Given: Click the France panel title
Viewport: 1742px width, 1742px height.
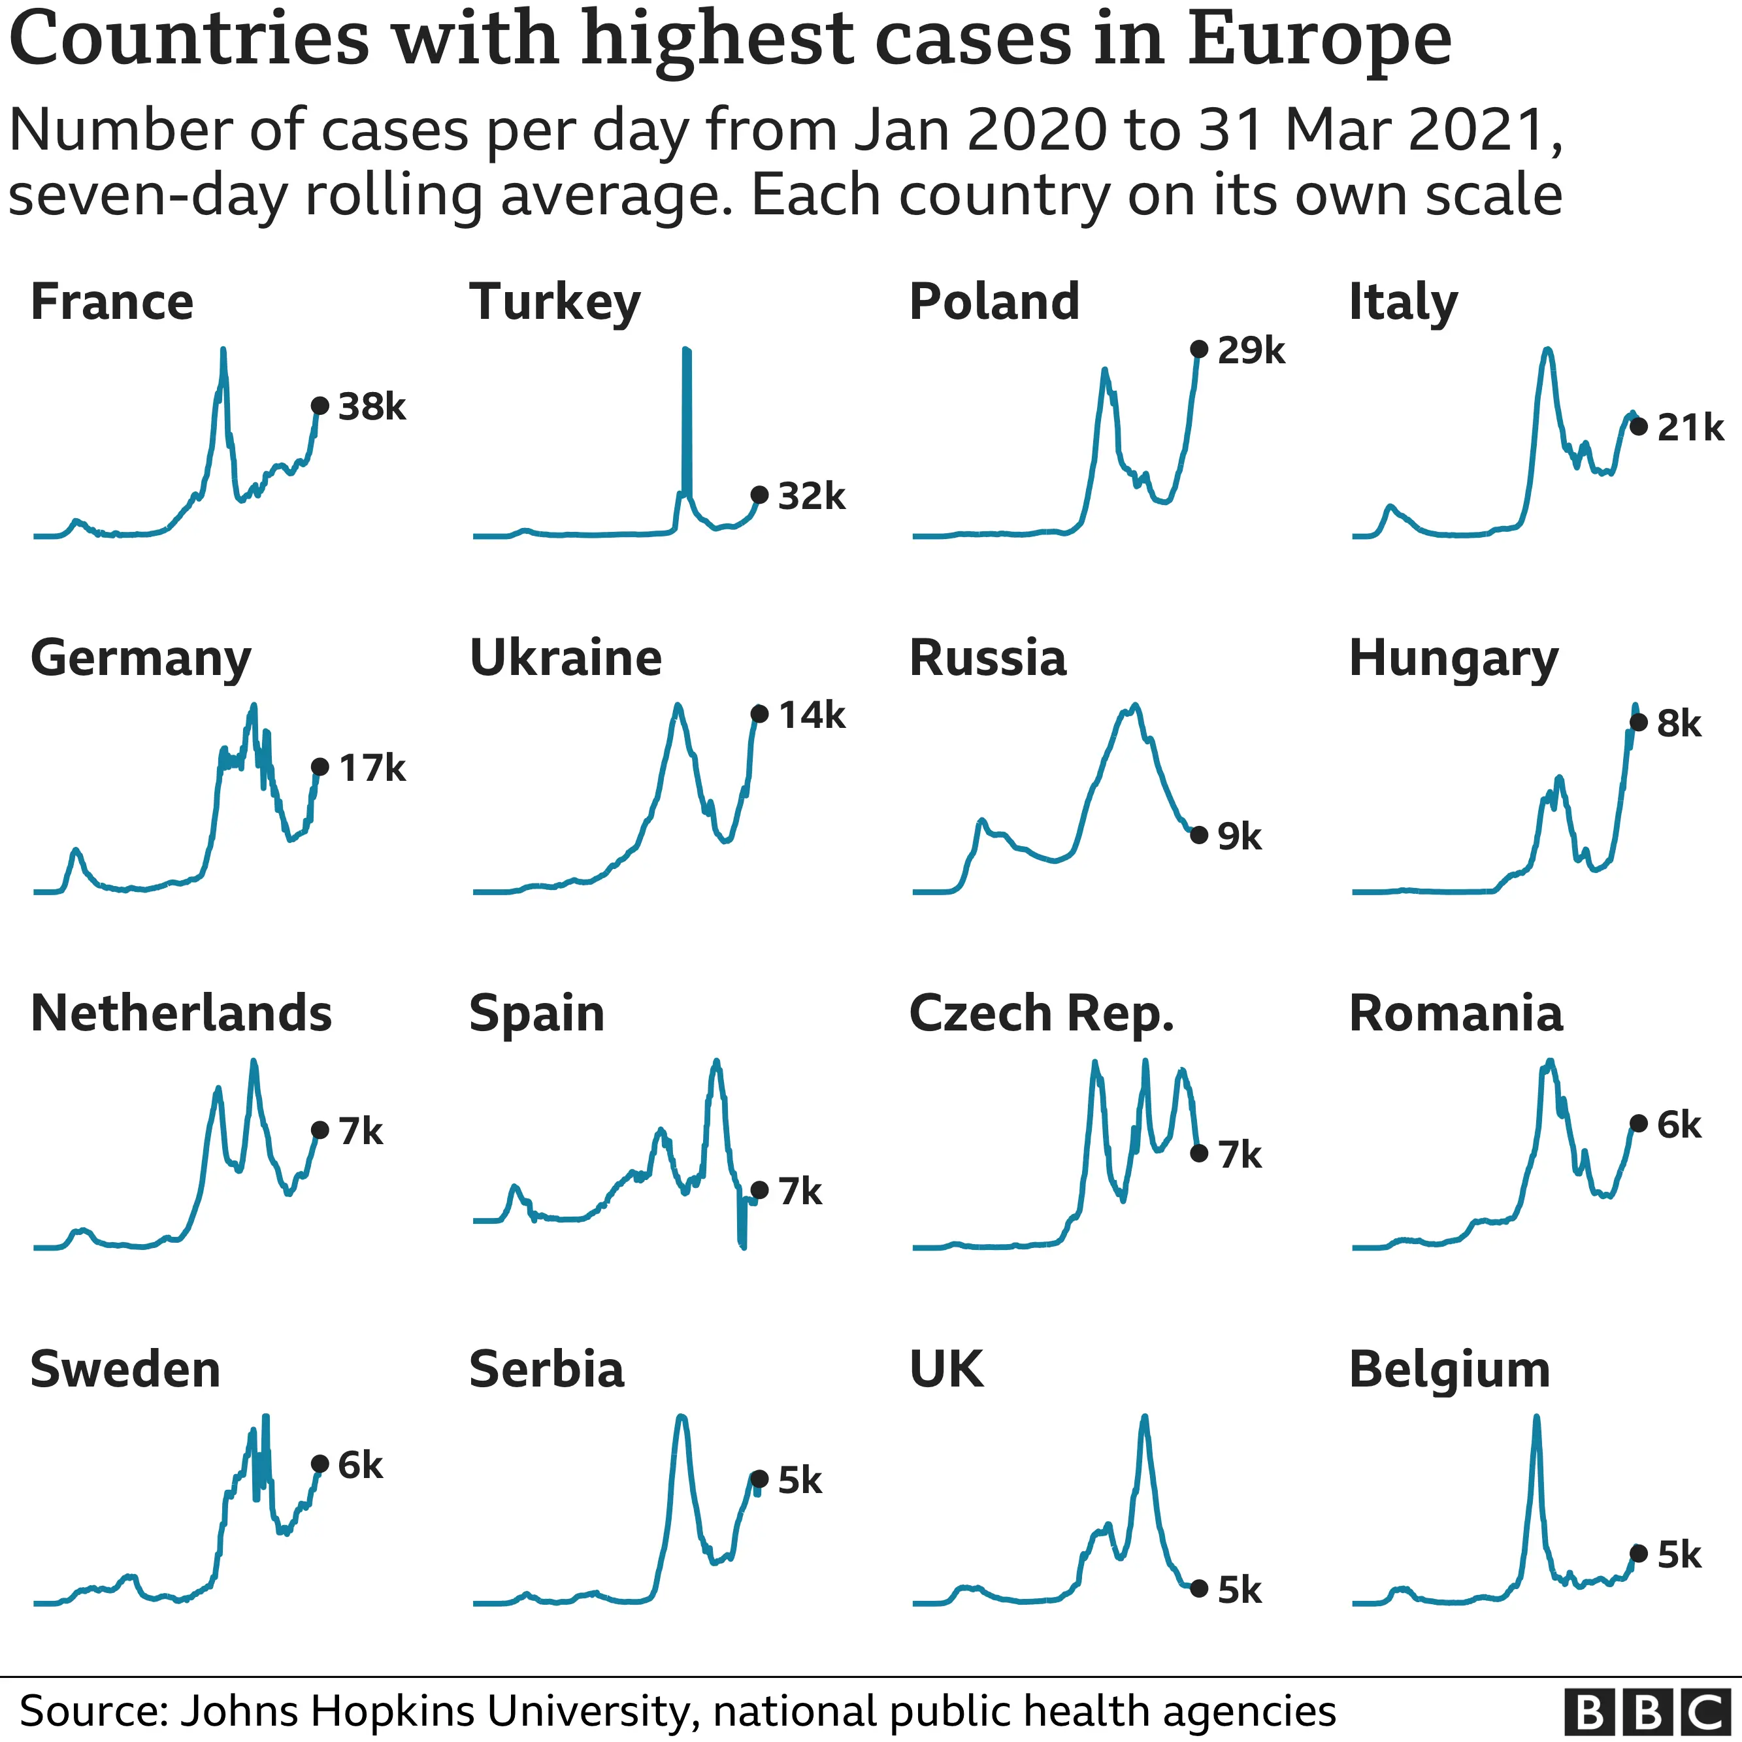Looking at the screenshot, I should point(112,301).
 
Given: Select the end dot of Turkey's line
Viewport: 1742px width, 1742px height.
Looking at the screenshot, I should point(759,494).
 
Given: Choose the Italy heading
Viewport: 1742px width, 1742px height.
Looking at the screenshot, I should point(1402,301).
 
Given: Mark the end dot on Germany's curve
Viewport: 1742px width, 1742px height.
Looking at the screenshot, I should point(319,766).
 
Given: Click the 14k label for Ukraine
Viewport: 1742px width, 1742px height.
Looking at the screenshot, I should point(812,715).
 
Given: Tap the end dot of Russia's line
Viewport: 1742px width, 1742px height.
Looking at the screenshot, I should point(1198,835).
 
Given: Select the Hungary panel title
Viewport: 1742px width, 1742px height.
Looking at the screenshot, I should point(1453,658).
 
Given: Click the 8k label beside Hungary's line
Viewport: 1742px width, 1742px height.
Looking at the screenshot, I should point(1678,723).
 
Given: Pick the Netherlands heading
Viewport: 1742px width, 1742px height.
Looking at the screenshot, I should point(181,1013).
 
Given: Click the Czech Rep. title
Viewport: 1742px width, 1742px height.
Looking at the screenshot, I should point(1042,1013).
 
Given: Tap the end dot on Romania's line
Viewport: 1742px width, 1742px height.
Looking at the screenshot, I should point(1638,1123).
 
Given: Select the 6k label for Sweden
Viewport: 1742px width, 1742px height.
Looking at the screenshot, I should point(360,1465).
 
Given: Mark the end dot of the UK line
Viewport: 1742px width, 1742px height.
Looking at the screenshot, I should point(1198,1588).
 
